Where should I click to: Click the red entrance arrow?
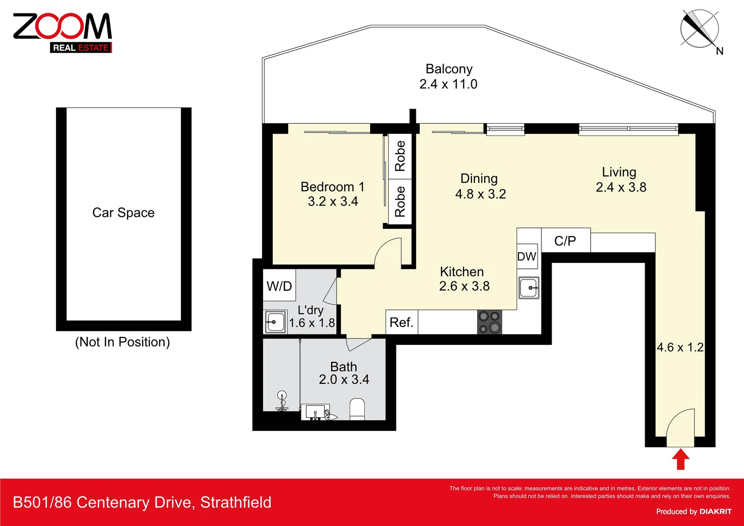coord(680,459)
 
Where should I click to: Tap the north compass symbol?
coord(700,29)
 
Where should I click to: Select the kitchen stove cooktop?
coord(489,322)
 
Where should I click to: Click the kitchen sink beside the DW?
coord(528,288)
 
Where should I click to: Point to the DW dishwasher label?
coord(527,257)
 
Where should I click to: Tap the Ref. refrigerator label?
coord(401,322)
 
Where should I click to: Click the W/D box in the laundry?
coord(279,286)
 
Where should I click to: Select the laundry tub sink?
coord(275,322)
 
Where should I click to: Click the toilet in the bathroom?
coord(357,409)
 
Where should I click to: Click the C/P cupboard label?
coord(565,241)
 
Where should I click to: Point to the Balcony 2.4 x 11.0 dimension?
coord(448,84)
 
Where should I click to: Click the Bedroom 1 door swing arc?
coord(388,252)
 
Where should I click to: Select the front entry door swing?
coord(680,427)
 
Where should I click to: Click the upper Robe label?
coord(400,156)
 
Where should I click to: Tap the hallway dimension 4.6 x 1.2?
coord(680,347)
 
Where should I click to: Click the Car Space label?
coord(124,213)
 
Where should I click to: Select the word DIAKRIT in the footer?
coord(715,511)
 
